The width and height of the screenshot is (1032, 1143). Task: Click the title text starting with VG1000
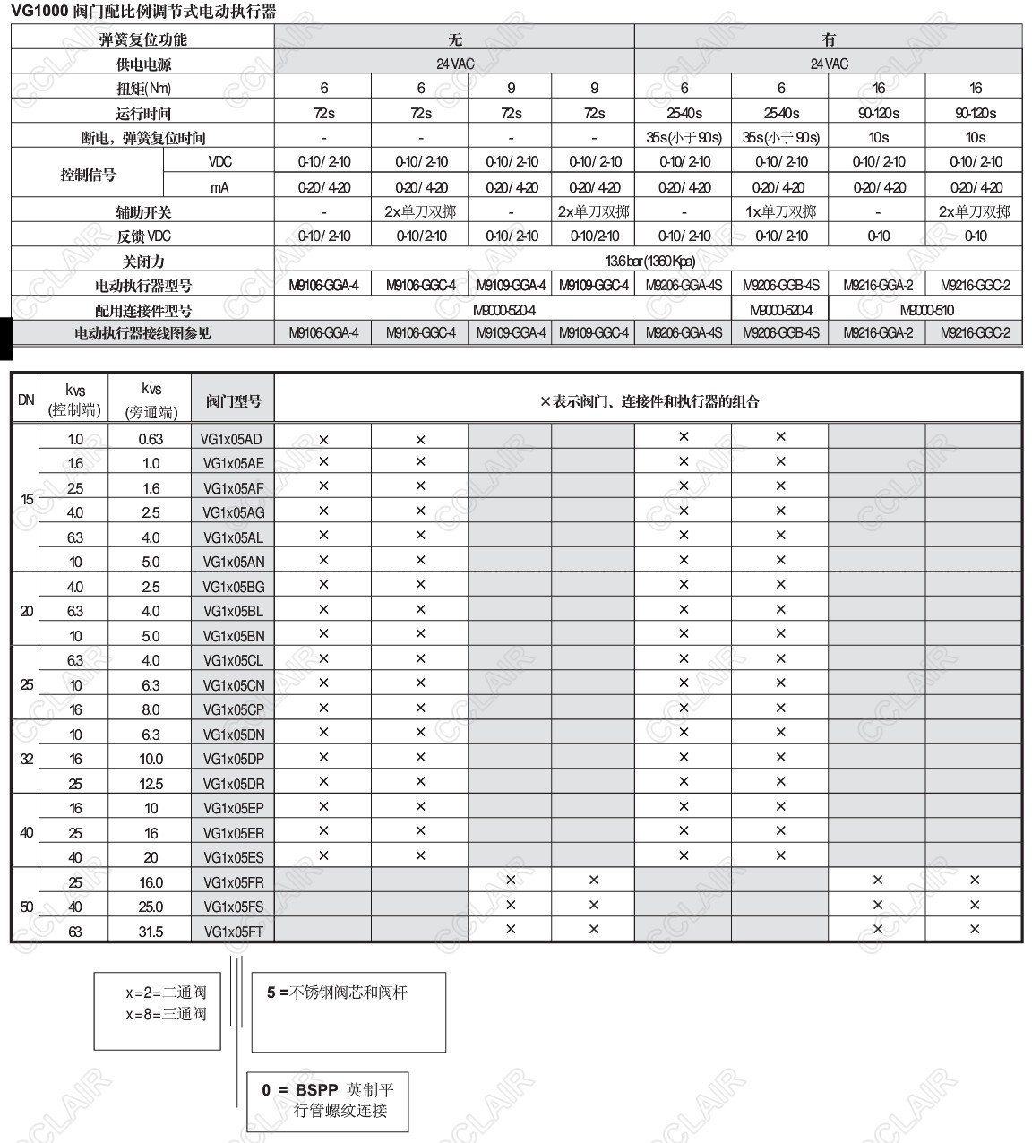click(143, 12)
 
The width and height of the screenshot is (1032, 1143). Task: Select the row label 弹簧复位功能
click(142, 39)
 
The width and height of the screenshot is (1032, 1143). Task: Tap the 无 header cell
click(455, 39)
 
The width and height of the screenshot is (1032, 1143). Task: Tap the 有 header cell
click(829, 39)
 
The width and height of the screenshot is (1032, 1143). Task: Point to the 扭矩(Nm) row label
click(143, 88)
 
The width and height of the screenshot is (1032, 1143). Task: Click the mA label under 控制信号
click(219, 187)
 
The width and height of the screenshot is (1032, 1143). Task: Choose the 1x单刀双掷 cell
click(781, 211)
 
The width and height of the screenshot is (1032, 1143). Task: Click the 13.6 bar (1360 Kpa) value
click(649, 261)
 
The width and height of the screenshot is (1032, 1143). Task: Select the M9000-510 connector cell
click(926, 310)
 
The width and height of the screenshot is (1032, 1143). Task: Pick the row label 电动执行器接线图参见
click(142, 333)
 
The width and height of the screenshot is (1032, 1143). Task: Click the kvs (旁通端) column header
click(150, 400)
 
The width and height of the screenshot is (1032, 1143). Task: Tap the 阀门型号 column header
click(233, 400)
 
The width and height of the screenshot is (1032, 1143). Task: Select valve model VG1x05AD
click(233, 439)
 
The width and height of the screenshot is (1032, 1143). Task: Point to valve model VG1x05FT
click(233, 932)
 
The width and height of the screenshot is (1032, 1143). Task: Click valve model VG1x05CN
click(233, 685)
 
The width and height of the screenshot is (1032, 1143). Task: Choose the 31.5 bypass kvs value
click(150, 932)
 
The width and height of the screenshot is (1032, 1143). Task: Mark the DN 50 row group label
click(26, 907)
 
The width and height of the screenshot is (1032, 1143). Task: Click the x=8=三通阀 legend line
click(166, 1014)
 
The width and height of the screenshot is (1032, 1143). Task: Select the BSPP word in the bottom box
click(316, 1090)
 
